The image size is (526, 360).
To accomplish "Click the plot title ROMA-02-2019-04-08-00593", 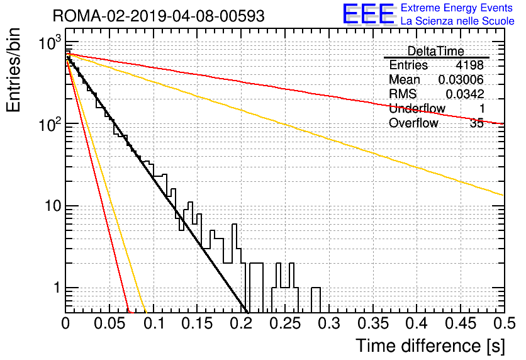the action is tap(159, 16).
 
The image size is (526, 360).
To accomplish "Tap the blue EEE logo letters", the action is tap(368, 14).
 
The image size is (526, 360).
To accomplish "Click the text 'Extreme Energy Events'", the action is tap(457, 8).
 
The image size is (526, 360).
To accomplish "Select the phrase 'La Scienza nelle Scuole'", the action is tap(457, 21).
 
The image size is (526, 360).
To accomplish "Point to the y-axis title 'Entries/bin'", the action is tap(13, 70).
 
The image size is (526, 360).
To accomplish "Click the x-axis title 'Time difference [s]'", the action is tap(430, 346).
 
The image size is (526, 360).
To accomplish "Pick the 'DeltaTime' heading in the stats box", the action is tap(436, 51).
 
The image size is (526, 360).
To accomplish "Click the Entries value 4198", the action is tap(469, 65).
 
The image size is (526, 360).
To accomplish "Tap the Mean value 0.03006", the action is tap(461, 79).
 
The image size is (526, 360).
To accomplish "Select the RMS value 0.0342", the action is tap(464, 94).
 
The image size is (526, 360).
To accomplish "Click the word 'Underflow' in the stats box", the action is tap(417, 108).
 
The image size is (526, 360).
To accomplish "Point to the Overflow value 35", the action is tap(477, 123).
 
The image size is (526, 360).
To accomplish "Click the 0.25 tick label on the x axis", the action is tap(285, 323).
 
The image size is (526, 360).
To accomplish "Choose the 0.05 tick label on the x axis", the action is tap(109, 323).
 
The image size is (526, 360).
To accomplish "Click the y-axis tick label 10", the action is tap(53, 206).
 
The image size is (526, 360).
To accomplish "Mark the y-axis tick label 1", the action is tap(57, 288).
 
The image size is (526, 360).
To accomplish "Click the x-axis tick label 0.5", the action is tap(505, 323).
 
